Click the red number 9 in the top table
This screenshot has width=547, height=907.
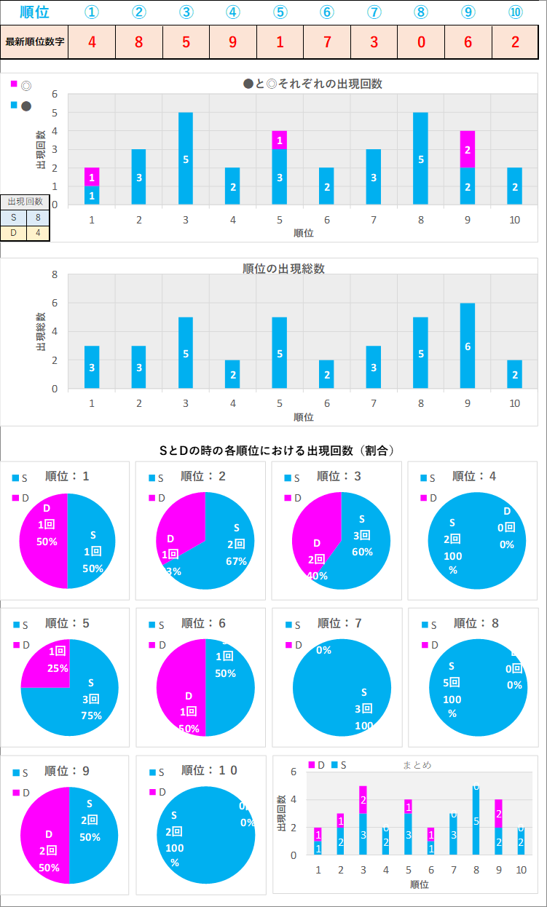tap(233, 41)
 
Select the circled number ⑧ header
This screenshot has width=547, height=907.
tap(421, 12)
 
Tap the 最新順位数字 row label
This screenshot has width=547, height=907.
tap(35, 41)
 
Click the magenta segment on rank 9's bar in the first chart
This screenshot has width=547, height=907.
tap(468, 149)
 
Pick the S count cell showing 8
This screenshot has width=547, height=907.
tap(38, 218)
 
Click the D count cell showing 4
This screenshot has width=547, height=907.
tap(38, 234)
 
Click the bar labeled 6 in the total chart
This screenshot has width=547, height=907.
tap(468, 346)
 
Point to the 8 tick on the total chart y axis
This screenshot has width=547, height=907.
tap(53, 274)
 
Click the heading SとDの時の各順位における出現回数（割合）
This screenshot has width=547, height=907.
tap(277, 451)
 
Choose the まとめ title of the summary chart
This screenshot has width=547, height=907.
tap(417, 765)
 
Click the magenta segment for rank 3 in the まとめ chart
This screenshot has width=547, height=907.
tap(363, 799)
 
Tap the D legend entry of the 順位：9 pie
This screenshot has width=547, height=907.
tap(21, 792)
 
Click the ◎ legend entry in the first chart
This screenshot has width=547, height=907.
tap(22, 86)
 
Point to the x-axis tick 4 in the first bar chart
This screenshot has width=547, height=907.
tap(233, 219)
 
